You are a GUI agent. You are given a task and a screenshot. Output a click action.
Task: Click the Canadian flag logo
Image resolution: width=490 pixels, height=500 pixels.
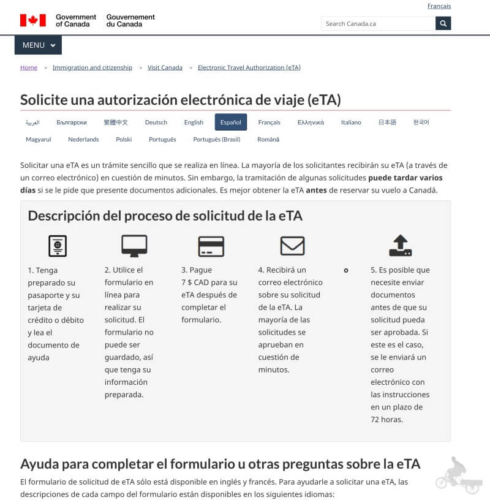pos(33,20)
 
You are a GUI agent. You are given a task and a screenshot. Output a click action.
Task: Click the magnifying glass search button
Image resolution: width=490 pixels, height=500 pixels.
pos(443,23)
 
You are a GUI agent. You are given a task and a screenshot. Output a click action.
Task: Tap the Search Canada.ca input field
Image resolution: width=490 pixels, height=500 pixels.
pos(378,23)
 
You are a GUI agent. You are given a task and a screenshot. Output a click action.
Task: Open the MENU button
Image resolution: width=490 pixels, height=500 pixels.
pos(38,45)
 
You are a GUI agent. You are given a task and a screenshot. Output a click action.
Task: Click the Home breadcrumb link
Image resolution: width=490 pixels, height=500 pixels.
pos(29,67)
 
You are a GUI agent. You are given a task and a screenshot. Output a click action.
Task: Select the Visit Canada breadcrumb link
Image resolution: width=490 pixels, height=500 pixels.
pos(165,67)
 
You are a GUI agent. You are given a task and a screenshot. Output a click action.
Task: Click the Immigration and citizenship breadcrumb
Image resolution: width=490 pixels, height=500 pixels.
pos(92,67)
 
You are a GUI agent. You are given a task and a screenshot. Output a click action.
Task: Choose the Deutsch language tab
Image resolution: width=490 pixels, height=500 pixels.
pos(156,122)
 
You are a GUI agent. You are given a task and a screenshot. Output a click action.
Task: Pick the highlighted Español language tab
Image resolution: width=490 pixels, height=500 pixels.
pos(231,122)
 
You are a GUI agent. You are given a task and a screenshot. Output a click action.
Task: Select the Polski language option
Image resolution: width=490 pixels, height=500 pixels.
pos(124,139)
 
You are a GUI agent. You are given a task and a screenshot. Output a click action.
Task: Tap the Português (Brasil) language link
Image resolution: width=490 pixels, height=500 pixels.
pos(217,139)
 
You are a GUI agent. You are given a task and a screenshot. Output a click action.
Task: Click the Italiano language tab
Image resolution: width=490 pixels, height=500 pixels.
pos(351,122)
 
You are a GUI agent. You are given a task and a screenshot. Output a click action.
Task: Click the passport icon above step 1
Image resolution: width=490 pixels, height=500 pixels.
pos(58,246)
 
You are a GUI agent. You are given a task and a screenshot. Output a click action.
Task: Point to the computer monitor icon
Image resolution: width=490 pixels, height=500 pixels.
pos(134,246)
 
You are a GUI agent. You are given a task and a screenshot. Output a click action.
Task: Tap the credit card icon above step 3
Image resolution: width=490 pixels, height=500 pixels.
pos(211,246)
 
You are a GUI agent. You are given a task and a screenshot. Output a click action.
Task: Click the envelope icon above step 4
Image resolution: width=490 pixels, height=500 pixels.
pos(292,246)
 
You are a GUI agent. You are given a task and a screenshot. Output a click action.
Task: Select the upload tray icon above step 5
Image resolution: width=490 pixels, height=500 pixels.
pos(401,245)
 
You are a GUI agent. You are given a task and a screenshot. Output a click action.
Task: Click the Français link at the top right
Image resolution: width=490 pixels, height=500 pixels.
pos(439,6)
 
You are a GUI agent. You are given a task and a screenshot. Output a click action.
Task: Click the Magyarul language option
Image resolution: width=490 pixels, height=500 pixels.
pos(39,139)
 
